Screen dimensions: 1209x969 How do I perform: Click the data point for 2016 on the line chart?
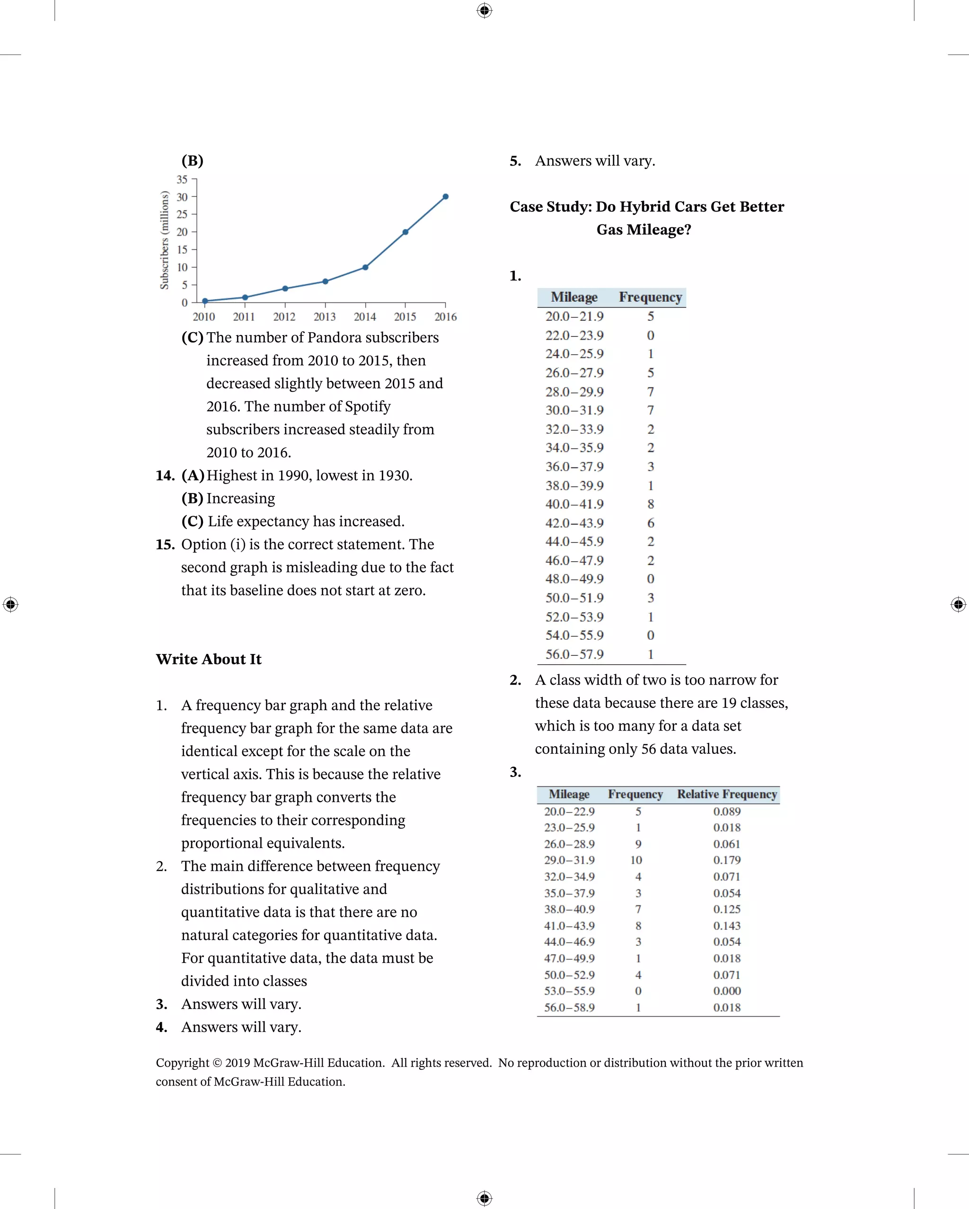[x=445, y=197]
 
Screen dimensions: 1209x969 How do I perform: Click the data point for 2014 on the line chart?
[x=365, y=267]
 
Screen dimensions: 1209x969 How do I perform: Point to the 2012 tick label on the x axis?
[x=284, y=317]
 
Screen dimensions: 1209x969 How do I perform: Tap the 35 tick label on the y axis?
[x=182, y=179]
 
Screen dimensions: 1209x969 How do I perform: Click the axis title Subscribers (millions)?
[x=164, y=240]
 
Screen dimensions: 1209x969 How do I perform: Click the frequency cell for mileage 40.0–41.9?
[x=651, y=504]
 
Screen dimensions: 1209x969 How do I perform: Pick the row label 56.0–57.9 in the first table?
[x=574, y=654]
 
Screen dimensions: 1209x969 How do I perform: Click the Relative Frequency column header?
[x=727, y=794]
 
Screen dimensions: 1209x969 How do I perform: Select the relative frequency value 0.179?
[x=727, y=860]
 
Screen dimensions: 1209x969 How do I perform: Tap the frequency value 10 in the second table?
[x=636, y=860]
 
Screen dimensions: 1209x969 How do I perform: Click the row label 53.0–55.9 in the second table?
[x=569, y=991]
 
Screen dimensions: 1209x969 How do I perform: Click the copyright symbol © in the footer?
[x=217, y=1063]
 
